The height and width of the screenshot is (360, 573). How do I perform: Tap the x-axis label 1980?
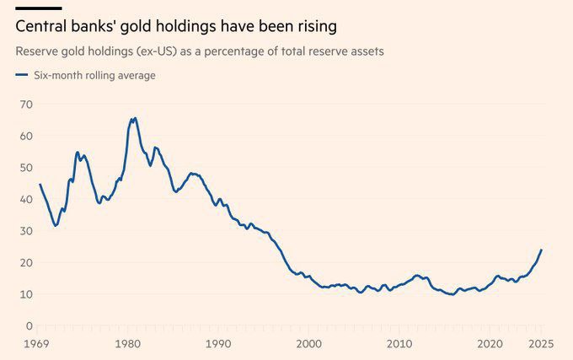pyautogui.click(x=127, y=344)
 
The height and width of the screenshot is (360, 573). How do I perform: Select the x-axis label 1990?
pyautogui.click(x=218, y=344)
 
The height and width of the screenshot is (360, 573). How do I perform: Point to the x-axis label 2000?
pyautogui.click(x=309, y=344)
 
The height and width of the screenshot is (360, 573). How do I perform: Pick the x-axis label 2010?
pyautogui.click(x=399, y=344)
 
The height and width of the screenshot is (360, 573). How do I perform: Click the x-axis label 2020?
pyautogui.click(x=490, y=344)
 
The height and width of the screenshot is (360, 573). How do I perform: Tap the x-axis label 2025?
pyautogui.click(x=539, y=344)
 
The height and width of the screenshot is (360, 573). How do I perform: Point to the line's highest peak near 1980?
pyautogui.click(x=135, y=118)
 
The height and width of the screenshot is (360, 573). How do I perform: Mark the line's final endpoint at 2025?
pyautogui.click(x=541, y=250)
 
